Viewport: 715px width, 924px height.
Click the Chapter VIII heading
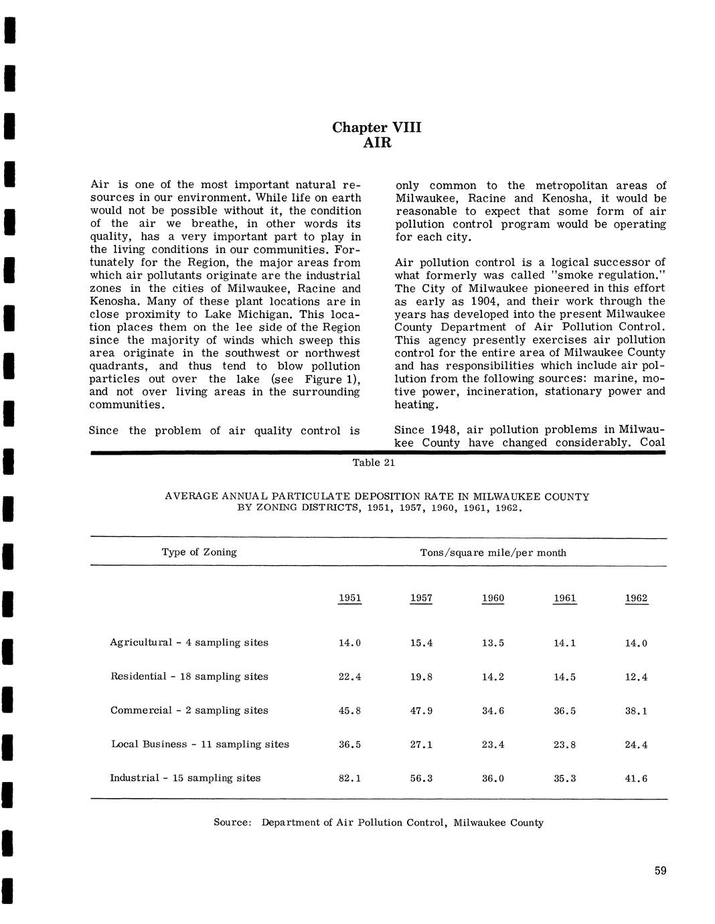click(377, 127)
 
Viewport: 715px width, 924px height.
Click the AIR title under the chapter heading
click(377, 143)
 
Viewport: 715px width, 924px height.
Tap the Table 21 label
click(374, 463)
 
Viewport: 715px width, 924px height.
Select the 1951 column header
click(350, 598)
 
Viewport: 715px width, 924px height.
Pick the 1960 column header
click(493, 598)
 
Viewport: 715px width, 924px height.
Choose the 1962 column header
click(636, 598)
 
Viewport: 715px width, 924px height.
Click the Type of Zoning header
click(199, 552)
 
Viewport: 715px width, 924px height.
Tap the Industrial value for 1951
click(350, 779)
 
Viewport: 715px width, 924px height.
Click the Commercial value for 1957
click(421, 710)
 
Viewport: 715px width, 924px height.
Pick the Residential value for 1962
click(636, 677)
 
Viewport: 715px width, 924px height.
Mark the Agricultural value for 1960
click(493, 643)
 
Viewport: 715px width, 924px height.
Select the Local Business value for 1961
click(564, 745)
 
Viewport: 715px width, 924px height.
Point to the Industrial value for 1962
click(636, 779)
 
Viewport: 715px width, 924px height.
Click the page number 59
click(661, 871)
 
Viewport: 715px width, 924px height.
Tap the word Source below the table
click(231, 822)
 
